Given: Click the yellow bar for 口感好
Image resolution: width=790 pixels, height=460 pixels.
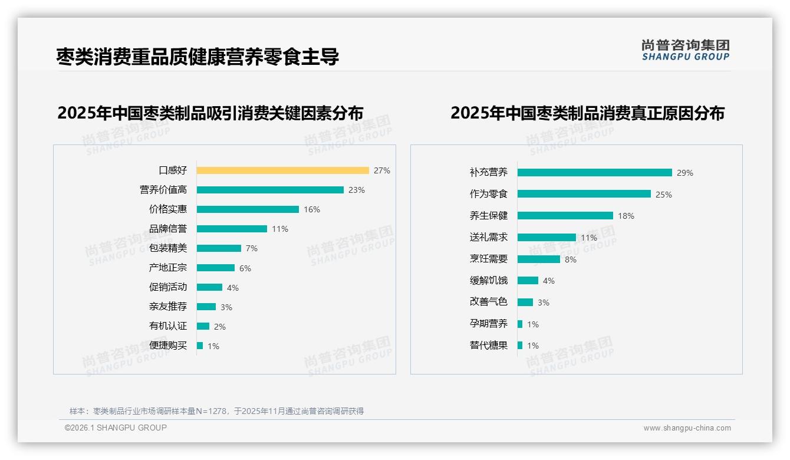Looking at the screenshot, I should tap(282, 170).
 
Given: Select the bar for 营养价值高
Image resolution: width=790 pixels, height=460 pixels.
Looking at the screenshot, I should tap(270, 190).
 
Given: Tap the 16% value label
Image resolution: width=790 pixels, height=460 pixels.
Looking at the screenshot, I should tap(312, 209).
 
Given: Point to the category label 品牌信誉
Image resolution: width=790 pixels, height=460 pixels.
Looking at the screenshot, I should tap(168, 229).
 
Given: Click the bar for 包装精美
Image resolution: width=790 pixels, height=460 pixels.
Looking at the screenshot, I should tap(219, 248).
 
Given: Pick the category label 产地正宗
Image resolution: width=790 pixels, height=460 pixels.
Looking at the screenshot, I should tap(168, 268).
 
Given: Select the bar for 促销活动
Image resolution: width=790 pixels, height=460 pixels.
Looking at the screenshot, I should tap(209, 287).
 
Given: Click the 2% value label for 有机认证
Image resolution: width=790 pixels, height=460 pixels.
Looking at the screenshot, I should tap(220, 327).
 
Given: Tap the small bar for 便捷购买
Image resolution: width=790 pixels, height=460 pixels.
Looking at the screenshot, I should tap(200, 346).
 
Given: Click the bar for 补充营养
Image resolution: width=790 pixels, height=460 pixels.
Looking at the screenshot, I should tap(594, 173).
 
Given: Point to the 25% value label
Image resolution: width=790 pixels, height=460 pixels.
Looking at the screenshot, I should tap(664, 195).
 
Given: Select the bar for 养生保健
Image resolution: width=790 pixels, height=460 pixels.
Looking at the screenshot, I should tap(565, 216).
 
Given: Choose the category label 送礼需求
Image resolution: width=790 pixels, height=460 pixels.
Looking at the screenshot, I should tap(489, 237).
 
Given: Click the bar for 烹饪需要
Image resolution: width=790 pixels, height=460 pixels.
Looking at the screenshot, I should tap(538, 259).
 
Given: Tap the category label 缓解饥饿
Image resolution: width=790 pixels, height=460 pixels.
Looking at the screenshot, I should tap(489, 280).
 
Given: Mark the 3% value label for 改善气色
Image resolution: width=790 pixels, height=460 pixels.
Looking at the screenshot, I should tap(544, 303).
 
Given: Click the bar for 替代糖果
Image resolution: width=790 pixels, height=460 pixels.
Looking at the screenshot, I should tap(520, 346).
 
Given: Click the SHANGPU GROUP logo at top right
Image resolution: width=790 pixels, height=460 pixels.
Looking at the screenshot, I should tap(686, 50).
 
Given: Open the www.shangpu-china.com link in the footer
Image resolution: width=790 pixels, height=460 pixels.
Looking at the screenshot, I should tap(687, 428).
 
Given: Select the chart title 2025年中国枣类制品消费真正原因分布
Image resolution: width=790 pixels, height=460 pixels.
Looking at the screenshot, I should tap(587, 113).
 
